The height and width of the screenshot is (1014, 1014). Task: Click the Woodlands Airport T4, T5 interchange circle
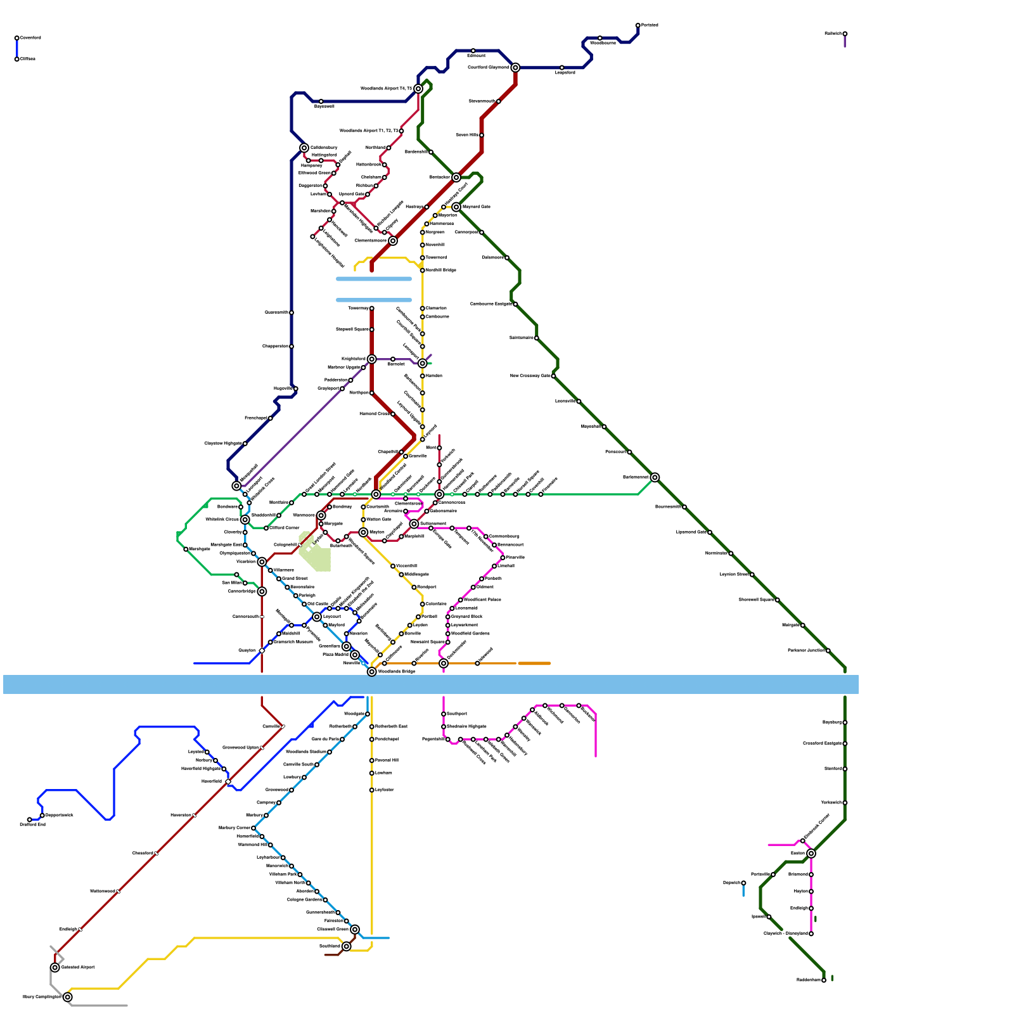(418, 89)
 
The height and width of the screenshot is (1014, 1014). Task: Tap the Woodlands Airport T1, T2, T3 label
(369, 131)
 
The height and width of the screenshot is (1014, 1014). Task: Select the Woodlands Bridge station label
(397, 671)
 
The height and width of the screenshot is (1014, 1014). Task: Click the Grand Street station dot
(279, 579)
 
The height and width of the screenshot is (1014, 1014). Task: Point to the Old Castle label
(318, 604)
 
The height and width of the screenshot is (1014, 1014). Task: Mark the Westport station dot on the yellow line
(414, 587)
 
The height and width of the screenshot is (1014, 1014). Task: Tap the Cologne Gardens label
(304, 900)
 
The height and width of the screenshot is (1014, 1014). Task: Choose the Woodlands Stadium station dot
(330, 752)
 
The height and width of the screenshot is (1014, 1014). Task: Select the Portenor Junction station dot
(828, 651)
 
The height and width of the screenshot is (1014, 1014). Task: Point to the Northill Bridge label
(441, 271)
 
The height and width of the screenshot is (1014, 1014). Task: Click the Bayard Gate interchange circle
(456, 207)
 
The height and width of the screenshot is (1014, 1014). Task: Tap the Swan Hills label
(466, 135)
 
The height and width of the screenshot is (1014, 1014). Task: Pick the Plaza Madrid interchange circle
(355, 655)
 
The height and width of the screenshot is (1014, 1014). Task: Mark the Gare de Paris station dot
(342, 740)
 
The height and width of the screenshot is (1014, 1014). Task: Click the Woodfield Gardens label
(470, 634)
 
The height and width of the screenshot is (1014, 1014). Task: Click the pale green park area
(315, 553)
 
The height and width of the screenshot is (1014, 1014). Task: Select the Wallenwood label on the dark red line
(103, 892)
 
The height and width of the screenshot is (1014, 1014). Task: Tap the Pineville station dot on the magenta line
(503, 558)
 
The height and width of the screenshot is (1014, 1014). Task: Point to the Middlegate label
(416, 575)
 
